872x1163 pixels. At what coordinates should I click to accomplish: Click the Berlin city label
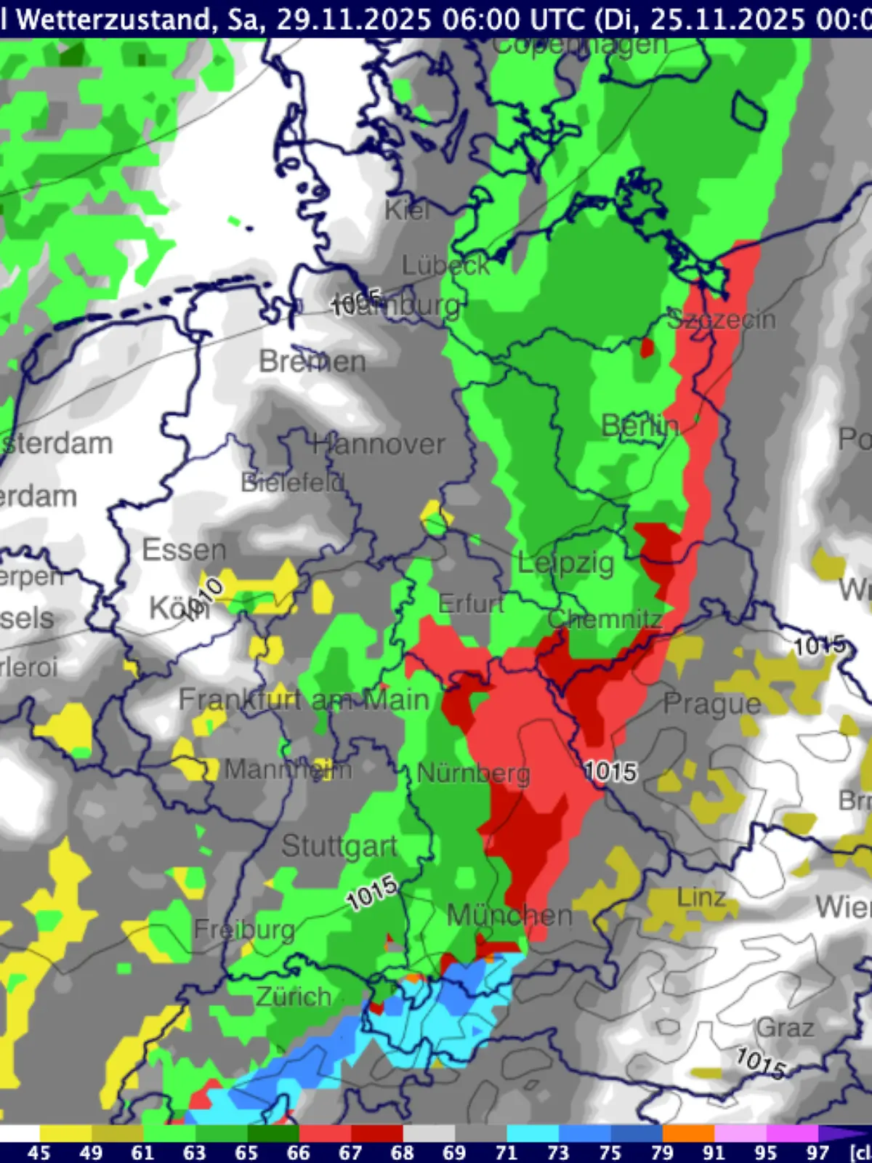640,425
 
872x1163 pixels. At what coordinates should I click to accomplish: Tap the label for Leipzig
565,563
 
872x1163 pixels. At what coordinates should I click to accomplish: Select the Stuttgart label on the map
339,846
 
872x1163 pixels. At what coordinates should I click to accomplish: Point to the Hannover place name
379,443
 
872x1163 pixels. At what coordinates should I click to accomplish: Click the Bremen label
312,361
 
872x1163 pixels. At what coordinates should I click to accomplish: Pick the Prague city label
712,704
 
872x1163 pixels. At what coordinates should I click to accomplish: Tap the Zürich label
294,996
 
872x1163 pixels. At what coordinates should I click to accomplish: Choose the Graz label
785,1028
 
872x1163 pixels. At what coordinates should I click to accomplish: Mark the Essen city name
184,550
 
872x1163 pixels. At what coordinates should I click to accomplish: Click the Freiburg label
244,930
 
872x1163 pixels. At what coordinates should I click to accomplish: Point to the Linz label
701,897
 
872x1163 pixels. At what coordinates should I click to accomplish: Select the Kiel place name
407,210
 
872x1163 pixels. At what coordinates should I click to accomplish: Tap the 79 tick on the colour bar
662,1152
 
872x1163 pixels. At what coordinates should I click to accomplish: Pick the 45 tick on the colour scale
39,1152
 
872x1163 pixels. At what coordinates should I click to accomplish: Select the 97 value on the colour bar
817,1152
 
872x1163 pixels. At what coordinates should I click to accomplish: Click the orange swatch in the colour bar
688,1133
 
